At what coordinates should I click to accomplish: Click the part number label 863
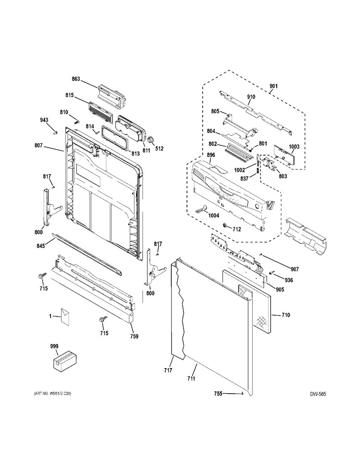[76, 79]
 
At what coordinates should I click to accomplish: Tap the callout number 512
[159, 149]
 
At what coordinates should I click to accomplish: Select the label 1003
[294, 147]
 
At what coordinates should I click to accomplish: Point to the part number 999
[54, 346]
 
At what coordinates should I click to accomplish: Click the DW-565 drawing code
[318, 394]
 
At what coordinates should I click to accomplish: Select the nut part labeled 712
[225, 226]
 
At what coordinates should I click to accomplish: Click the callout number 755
[218, 394]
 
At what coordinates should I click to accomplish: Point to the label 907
[294, 269]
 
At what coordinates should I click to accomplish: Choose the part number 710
[286, 315]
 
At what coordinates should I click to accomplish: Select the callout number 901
[274, 86]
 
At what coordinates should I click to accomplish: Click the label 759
[134, 336]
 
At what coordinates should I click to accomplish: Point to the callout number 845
[41, 246]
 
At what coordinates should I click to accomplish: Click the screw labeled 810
[76, 122]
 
